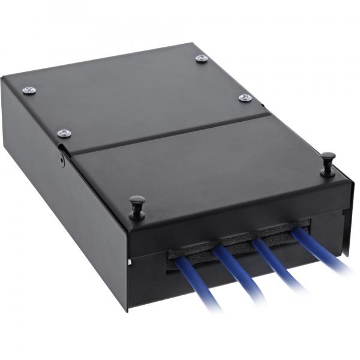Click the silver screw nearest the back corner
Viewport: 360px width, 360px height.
202,58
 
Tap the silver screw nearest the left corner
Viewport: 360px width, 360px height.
29,91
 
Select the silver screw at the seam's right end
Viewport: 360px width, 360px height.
245,97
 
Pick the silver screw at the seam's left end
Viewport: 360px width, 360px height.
64,133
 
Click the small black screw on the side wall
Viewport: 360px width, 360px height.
62,160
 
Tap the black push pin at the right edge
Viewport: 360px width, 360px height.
327,162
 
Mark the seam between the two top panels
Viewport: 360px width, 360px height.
168,132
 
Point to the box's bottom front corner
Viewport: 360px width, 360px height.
128,310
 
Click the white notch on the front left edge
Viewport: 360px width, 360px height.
129,263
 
